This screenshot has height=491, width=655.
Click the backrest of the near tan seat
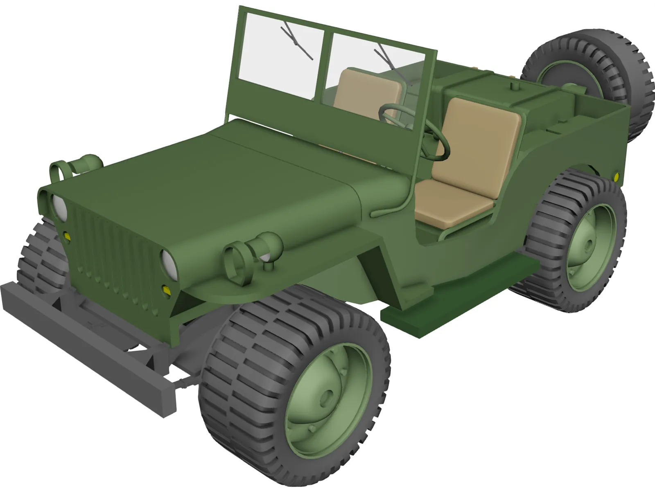point(477,139)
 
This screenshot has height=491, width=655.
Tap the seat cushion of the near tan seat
point(450,205)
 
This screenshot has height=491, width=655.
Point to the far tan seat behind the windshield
point(366,90)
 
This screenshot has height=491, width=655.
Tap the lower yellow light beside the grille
point(166,290)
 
